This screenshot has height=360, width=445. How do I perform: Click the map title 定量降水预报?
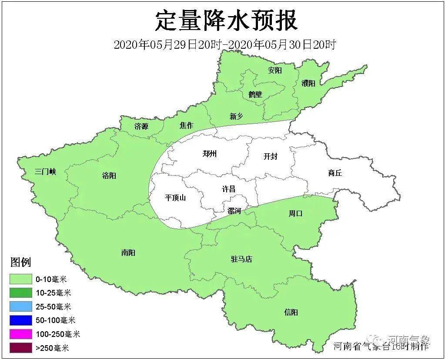click(226, 21)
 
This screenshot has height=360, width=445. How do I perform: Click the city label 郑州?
click(210, 154)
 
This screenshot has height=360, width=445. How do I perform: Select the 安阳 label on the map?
click(275, 70)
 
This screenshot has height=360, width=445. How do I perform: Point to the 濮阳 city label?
click(308, 83)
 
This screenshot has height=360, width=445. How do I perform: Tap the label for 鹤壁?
click(255, 94)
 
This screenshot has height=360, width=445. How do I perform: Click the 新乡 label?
click(237, 116)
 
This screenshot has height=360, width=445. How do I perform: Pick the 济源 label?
click(141, 127)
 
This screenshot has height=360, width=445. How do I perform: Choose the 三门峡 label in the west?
click(45, 172)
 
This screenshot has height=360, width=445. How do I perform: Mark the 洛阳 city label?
click(109, 176)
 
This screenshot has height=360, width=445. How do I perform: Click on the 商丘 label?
click(335, 173)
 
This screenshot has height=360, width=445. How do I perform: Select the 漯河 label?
click(234, 211)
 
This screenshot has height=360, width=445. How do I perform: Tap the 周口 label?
click(295, 213)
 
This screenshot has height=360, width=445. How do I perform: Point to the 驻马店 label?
click(241, 259)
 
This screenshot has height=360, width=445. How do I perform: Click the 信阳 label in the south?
click(291, 312)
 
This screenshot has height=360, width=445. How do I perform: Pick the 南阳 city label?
click(128, 252)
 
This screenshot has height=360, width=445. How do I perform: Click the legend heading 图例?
click(20, 262)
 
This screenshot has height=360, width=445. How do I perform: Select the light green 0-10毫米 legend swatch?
click(20, 279)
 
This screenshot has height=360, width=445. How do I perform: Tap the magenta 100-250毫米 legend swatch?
click(20, 334)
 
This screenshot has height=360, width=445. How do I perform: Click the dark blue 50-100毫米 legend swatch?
click(20, 320)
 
